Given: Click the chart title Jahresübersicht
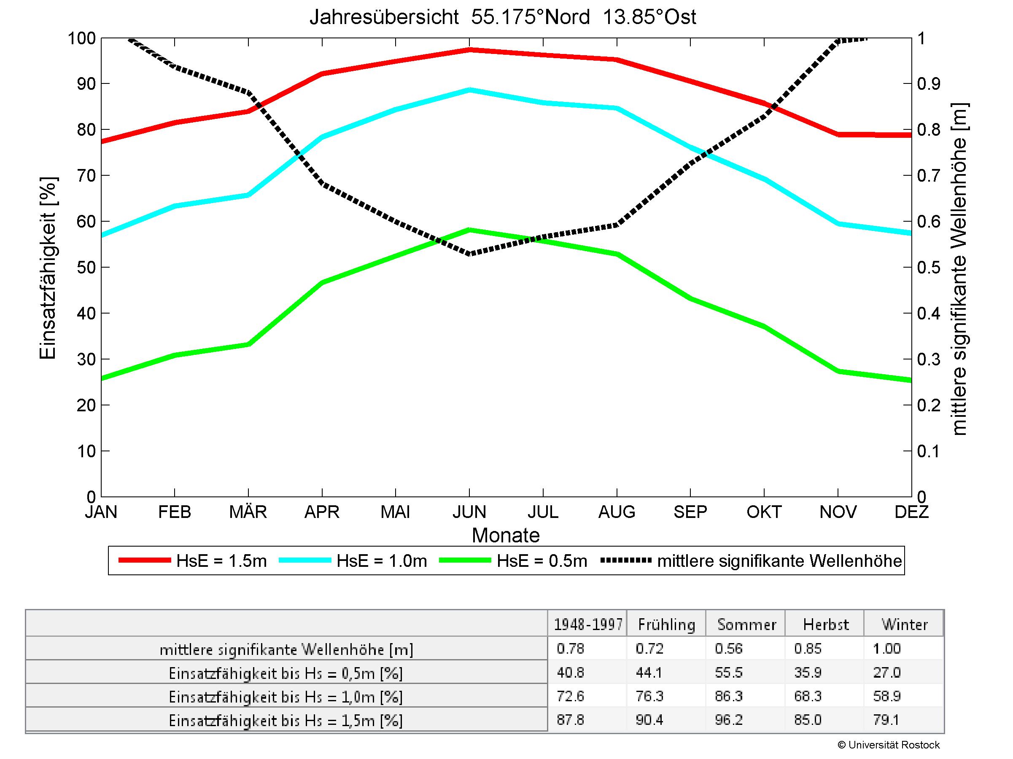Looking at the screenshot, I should coord(503,17).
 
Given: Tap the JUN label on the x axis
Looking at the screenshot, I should coord(469,512).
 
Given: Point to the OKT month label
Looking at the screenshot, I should coord(764,512).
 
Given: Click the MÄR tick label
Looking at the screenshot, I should coord(248,512).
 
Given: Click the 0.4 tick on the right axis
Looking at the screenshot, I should coord(928,314).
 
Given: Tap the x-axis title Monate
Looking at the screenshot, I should coord(506,535).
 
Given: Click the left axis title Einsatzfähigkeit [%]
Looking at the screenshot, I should coord(48,268).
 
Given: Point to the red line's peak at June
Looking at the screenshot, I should coord(469,49).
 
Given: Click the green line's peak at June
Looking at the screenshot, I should coord(469,230).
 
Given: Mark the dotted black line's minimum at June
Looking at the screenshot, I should coord(469,253).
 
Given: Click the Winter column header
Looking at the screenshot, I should coord(905,625).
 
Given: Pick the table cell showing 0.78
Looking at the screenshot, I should coord(571,648).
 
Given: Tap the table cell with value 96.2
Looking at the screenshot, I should coord(729,720).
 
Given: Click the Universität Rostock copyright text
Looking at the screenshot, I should coord(889,745).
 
